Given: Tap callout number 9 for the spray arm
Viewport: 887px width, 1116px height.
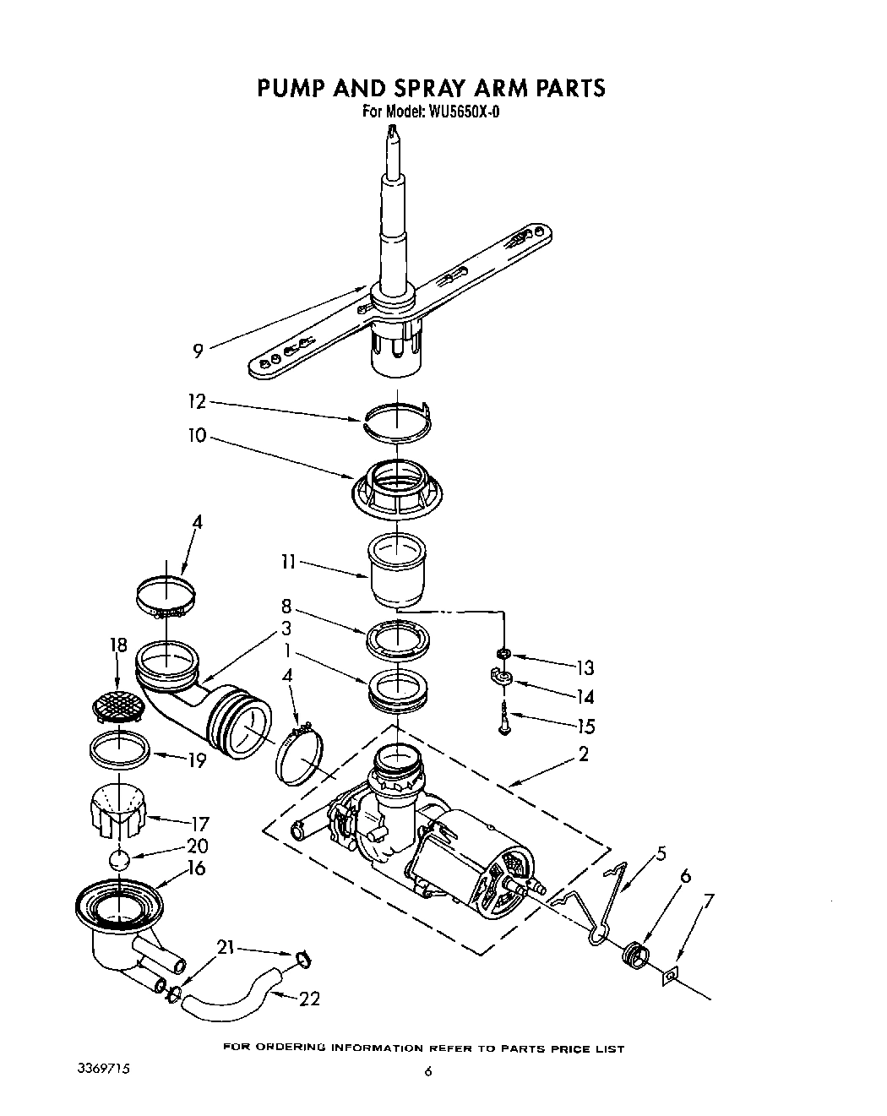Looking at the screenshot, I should click(198, 350).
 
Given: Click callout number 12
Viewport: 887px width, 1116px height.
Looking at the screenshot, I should click(198, 403).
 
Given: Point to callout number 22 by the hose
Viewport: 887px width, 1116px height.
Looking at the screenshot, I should click(310, 999).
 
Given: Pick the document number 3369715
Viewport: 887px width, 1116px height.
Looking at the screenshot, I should click(104, 1068).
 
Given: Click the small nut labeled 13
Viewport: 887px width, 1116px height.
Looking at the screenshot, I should click(503, 653).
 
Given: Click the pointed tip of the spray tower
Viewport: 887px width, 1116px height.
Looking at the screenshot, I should click(390, 131).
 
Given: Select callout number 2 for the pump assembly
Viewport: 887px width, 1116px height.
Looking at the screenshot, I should click(583, 754).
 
